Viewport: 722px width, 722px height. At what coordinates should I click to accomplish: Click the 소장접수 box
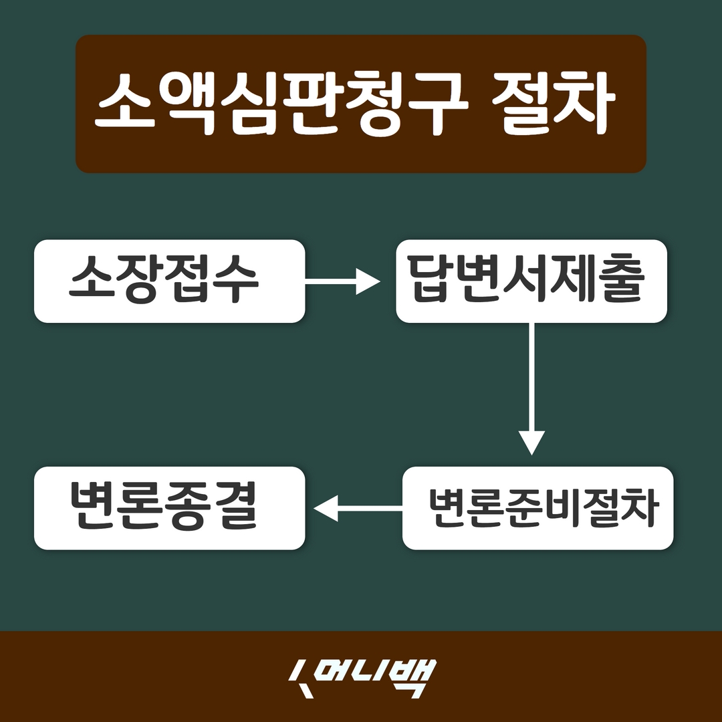[169, 281]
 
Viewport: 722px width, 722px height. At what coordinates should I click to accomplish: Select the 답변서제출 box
[531, 281]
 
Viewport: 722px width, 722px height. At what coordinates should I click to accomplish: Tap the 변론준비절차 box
[537, 508]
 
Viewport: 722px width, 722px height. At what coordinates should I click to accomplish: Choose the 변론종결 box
[169, 508]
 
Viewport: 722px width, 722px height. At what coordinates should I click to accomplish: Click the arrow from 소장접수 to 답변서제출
[341, 281]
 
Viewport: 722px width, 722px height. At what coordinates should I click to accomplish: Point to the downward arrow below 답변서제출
[532, 388]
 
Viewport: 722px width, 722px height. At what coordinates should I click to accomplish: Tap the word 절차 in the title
[552, 104]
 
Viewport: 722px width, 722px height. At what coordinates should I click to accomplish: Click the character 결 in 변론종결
[236, 508]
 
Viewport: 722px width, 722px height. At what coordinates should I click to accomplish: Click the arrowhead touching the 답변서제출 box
[368, 281]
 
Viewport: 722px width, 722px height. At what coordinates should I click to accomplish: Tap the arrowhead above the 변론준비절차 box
[532, 443]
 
